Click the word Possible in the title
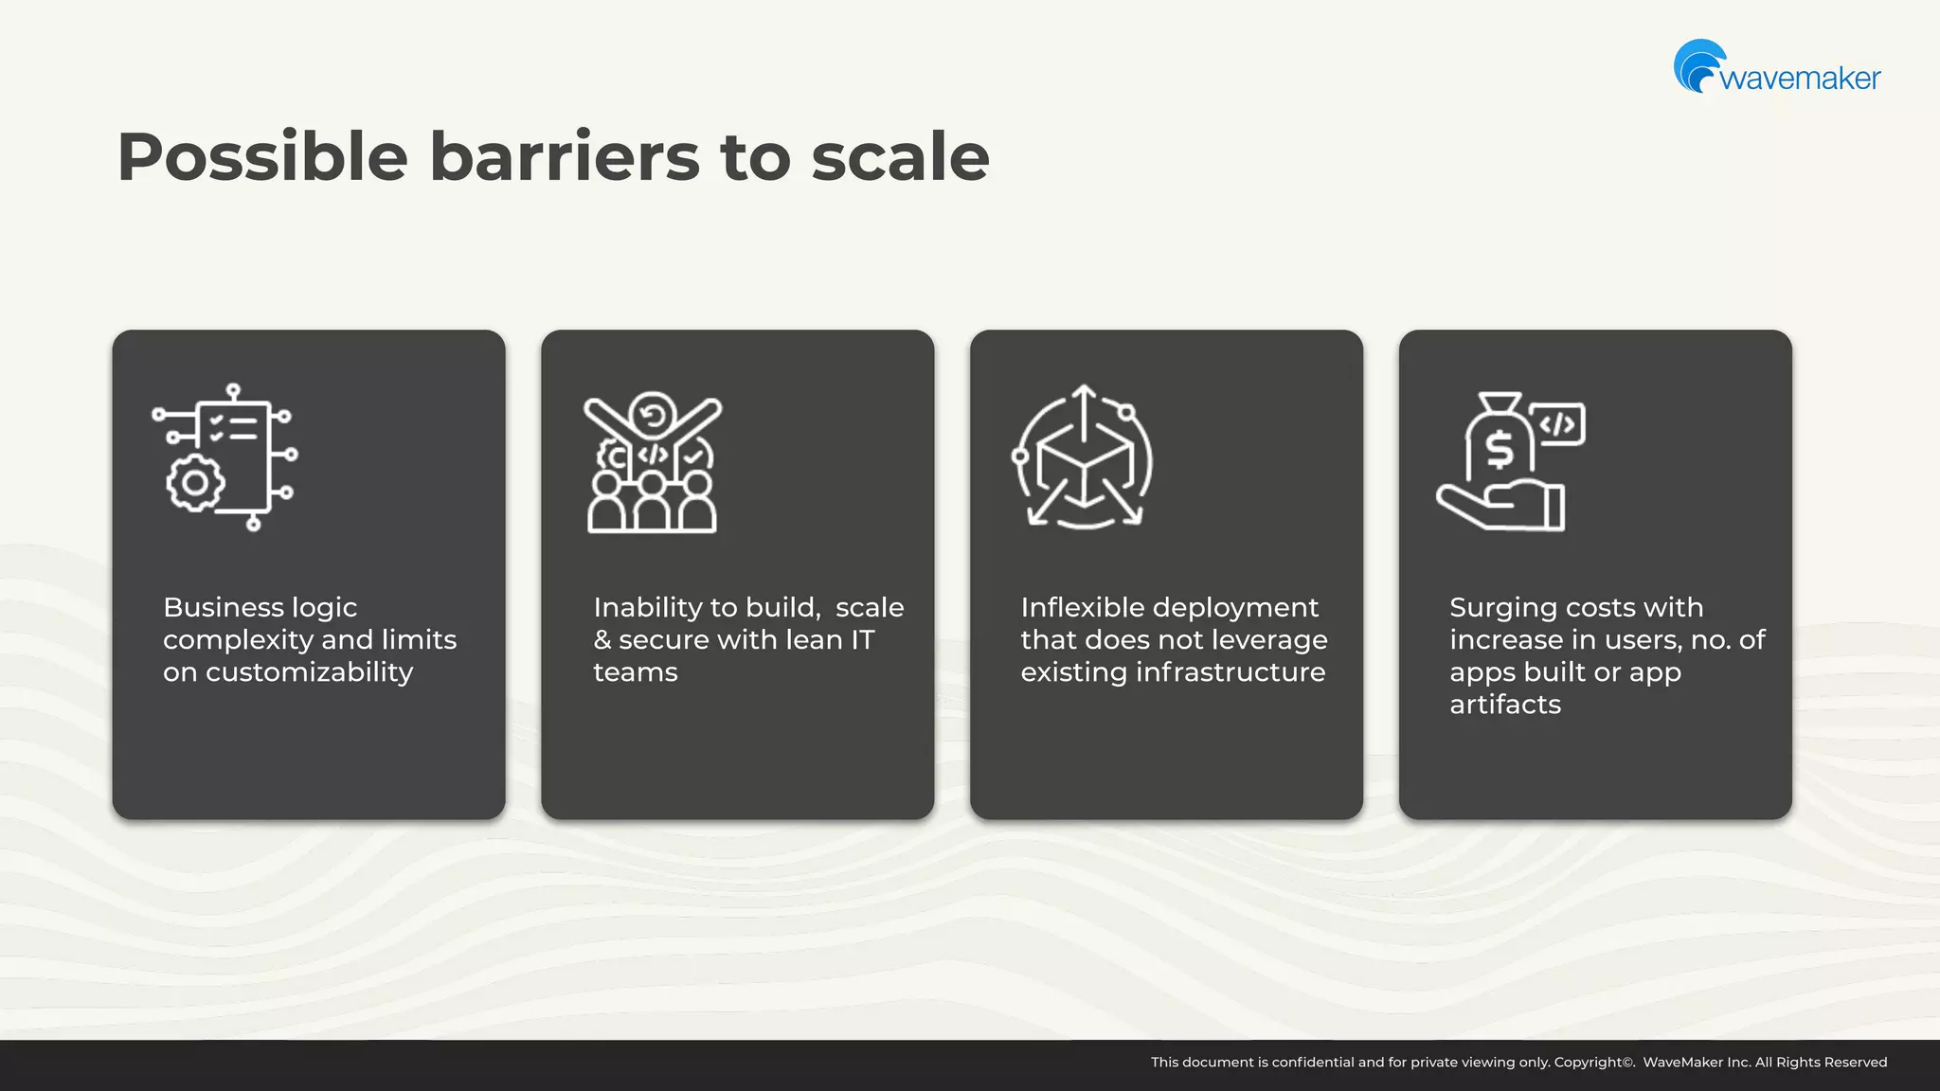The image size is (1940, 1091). tap(262, 157)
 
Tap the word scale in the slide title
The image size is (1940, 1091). tap(900, 157)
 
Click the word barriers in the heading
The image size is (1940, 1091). tap(565, 157)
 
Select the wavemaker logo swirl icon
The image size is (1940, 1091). tap(1698, 64)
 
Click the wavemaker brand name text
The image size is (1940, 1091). tap(1800, 78)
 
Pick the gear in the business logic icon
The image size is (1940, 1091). tap(195, 483)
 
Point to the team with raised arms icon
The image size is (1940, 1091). tap(653, 462)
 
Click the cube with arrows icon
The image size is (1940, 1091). tap(1084, 457)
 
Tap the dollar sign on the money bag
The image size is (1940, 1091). tap(1499, 449)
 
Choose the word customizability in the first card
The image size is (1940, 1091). tap(309, 672)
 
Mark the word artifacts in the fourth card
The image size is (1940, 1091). tap(1504, 705)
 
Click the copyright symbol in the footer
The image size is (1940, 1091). tap(1628, 1062)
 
